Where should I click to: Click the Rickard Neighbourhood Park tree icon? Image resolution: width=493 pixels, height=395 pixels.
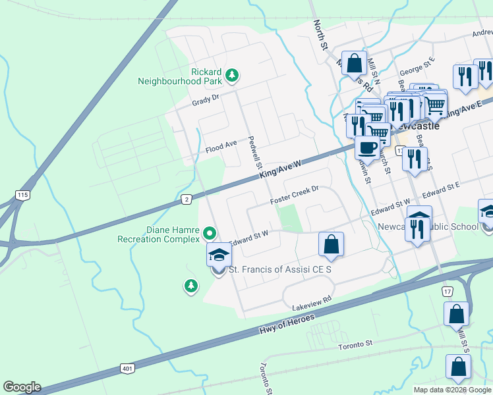click(x=231, y=76)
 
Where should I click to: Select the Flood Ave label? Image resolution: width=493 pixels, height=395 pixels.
click(x=221, y=144)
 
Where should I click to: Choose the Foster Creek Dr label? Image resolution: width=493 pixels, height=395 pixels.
click(x=295, y=194)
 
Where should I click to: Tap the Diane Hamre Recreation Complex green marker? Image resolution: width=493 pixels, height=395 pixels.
click(x=210, y=232)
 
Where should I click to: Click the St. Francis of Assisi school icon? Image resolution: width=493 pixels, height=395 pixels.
click(x=219, y=257)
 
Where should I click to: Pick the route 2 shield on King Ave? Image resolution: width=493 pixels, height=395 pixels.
click(x=187, y=199)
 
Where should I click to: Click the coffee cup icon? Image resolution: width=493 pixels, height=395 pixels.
click(x=367, y=147)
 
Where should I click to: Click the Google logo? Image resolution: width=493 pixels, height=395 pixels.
click(x=21, y=386)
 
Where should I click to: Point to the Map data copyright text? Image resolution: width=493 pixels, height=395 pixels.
click(x=453, y=390)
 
